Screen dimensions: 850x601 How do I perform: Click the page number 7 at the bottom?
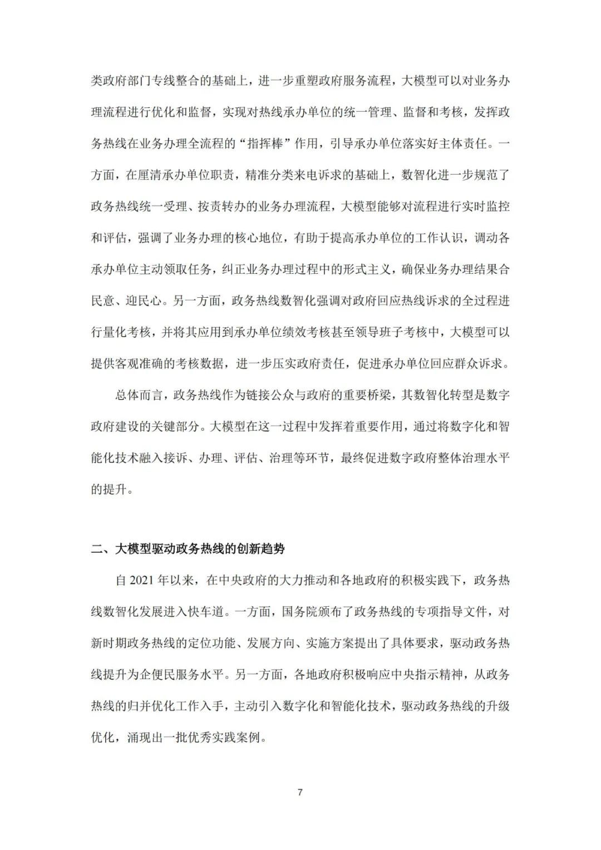[300, 792]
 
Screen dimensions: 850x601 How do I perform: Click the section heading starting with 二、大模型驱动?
[188, 549]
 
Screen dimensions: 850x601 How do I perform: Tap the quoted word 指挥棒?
[269, 144]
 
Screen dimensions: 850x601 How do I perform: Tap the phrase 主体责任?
[467, 144]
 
